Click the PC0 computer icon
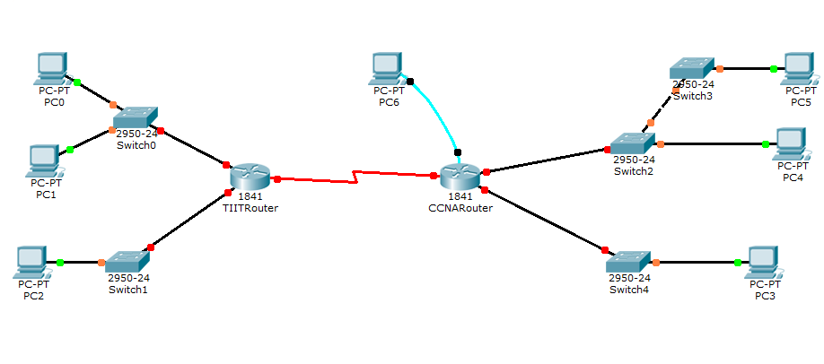point(53,67)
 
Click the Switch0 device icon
point(135,117)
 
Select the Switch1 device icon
point(127,261)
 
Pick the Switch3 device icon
point(691,68)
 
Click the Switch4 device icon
point(627,261)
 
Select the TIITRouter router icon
point(249,178)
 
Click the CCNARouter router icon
point(460,177)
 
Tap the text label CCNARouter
point(460,208)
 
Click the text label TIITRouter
point(250,208)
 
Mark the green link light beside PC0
point(77,82)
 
